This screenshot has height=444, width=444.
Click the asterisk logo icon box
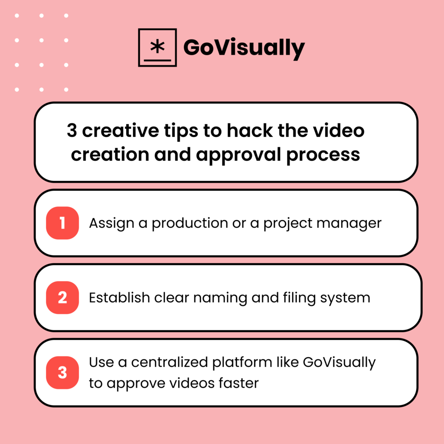pyautogui.click(x=157, y=48)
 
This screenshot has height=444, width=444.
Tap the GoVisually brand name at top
pyautogui.click(x=244, y=48)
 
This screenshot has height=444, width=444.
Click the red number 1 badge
pyautogui.click(x=62, y=223)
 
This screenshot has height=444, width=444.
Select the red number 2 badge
pyautogui.click(x=62, y=297)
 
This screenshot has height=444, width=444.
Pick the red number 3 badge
pyautogui.click(x=62, y=372)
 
